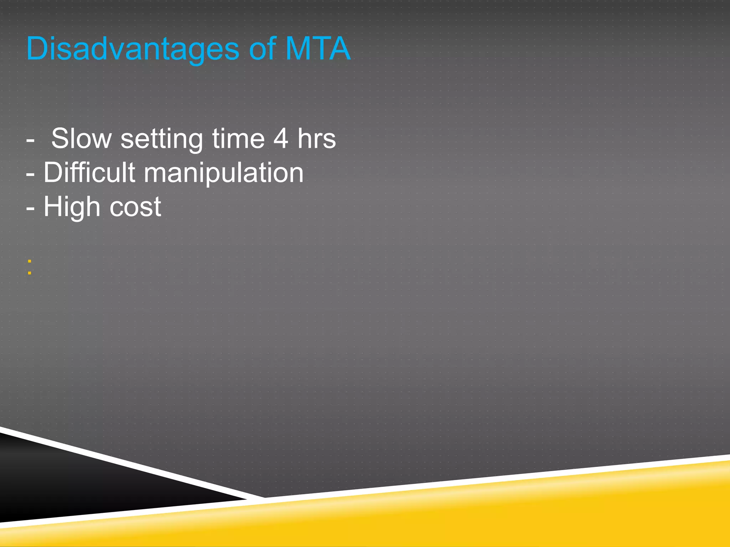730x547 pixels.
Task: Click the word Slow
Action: (x=82, y=139)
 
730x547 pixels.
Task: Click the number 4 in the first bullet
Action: (x=281, y=139)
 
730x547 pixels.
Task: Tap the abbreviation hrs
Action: (x=317, y=139)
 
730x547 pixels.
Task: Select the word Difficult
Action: (x=89, y=173)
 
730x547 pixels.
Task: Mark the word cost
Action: (x=135, y=207)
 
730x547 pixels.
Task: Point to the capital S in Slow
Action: (x=60, y=139)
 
